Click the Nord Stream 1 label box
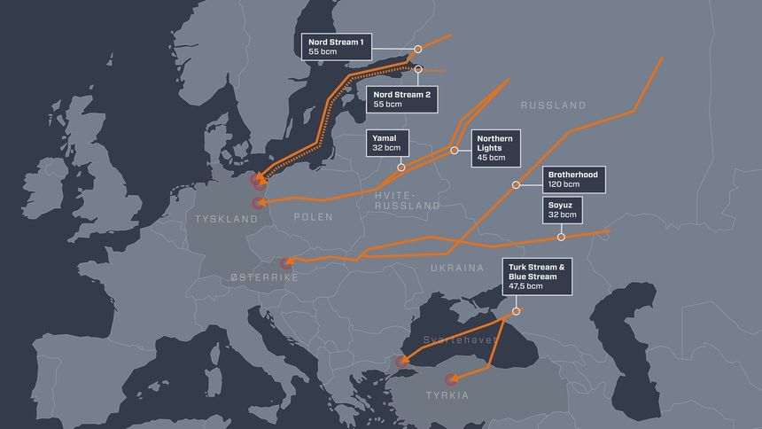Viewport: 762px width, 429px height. coord(337,47)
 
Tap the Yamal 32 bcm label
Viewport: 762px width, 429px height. coord(389,144)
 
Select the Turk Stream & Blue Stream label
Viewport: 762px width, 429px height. coord(535,277)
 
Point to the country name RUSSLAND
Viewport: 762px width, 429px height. coord(553,105)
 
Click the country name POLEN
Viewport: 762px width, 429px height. coord(315,217)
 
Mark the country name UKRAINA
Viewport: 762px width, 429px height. coord(457,267)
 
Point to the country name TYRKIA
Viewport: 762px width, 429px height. coord(447,395)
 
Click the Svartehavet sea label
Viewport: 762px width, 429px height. coord(454,339)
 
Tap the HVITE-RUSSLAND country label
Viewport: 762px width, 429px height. coord(408,199)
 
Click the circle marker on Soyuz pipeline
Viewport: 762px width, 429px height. coord(562,238)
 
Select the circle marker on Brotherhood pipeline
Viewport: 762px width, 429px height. coord(516,185)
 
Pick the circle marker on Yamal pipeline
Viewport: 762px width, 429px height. coord(401,167)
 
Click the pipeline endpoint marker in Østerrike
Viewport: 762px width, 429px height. coord(285,262)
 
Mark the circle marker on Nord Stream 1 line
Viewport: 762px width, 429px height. coord(418,51)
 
